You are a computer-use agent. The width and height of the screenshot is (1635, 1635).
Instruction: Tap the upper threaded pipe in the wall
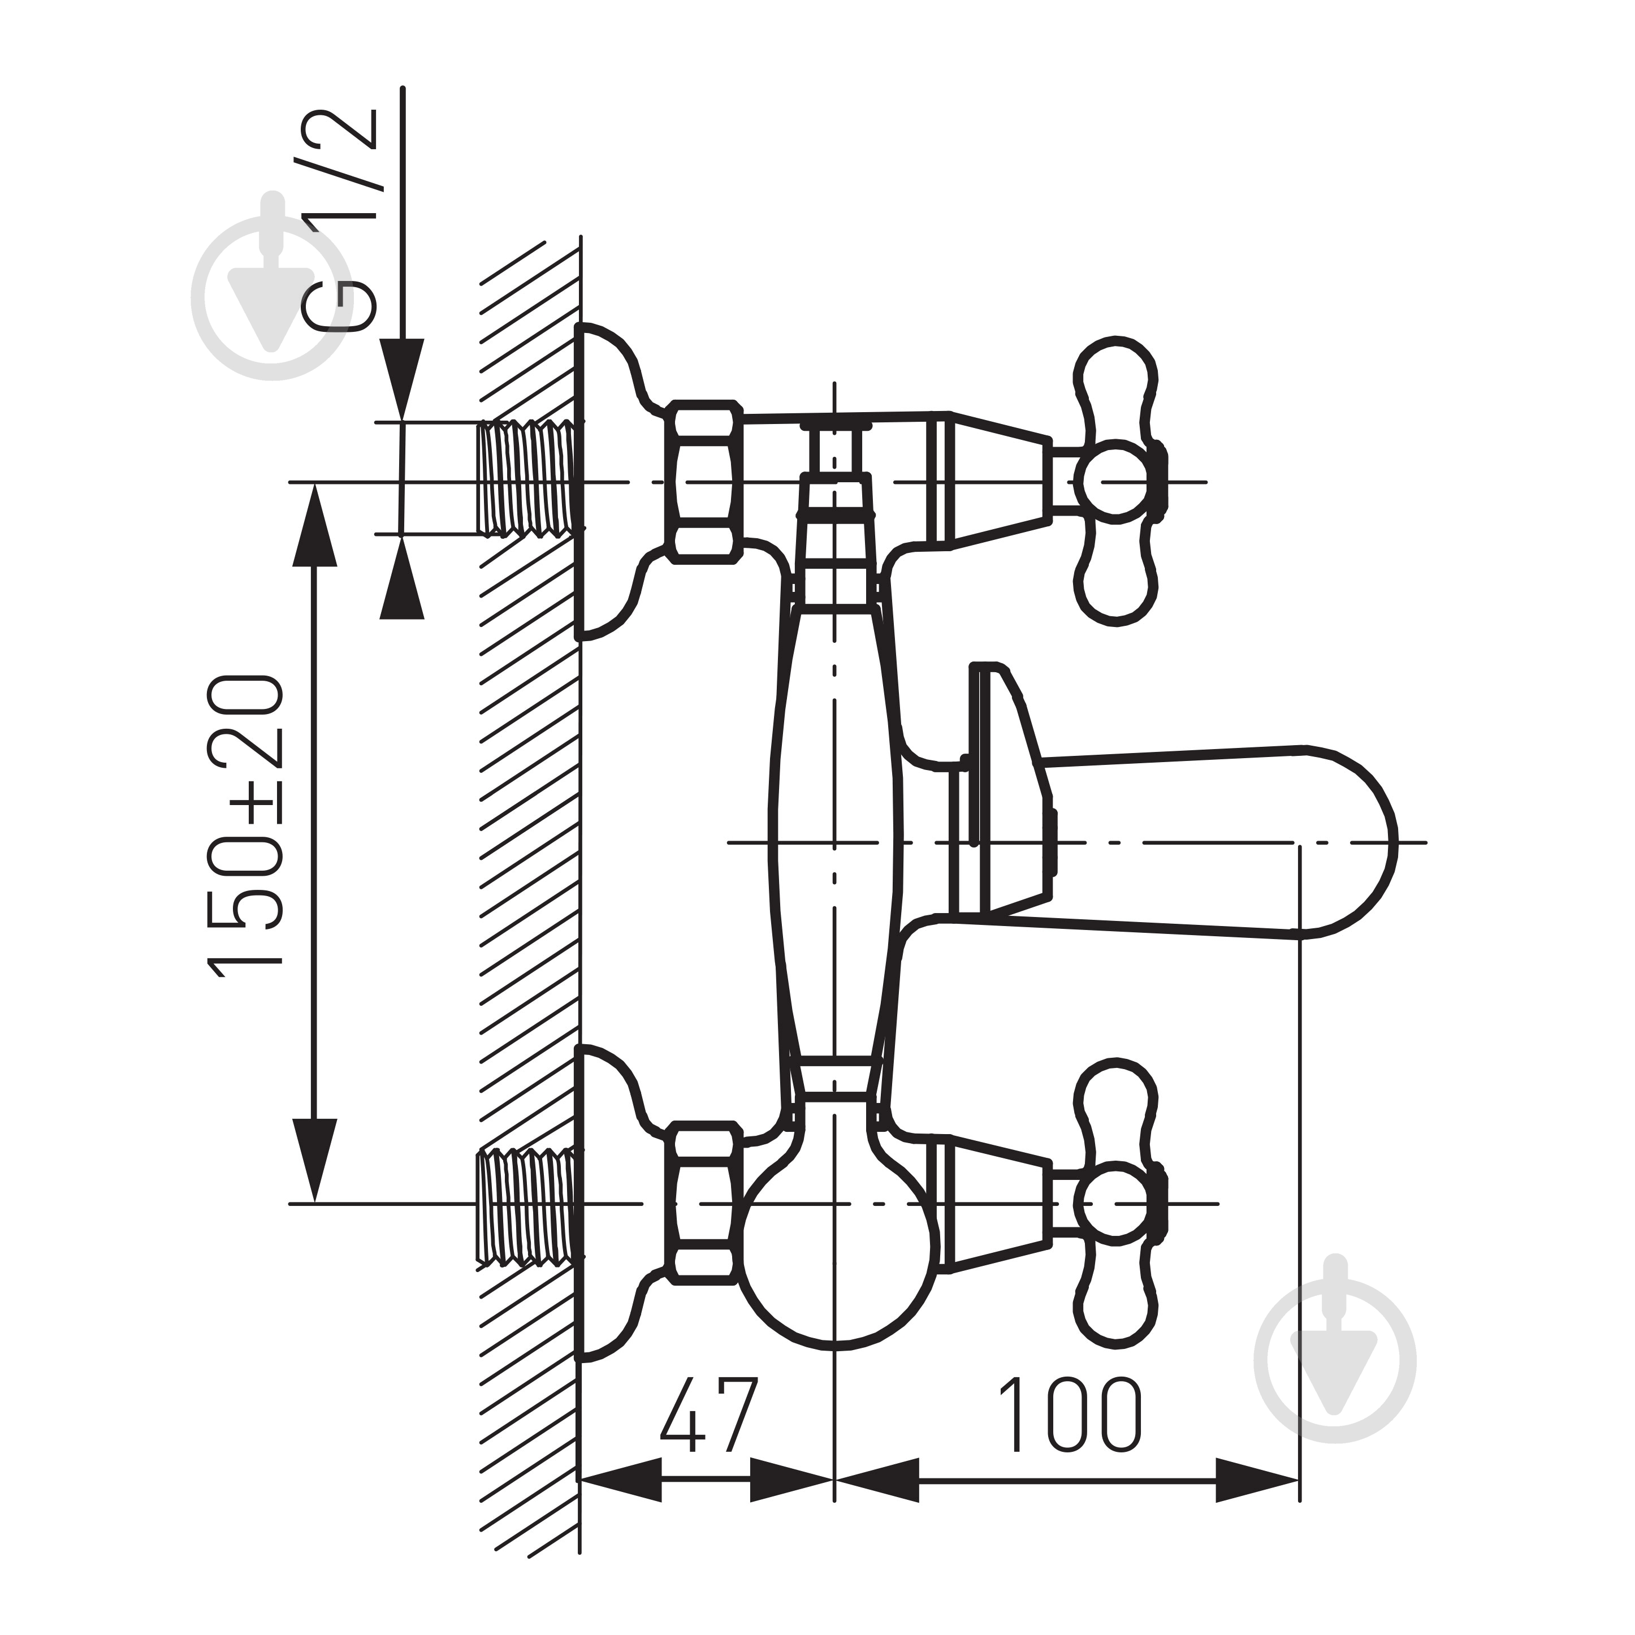pos(529,479)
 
